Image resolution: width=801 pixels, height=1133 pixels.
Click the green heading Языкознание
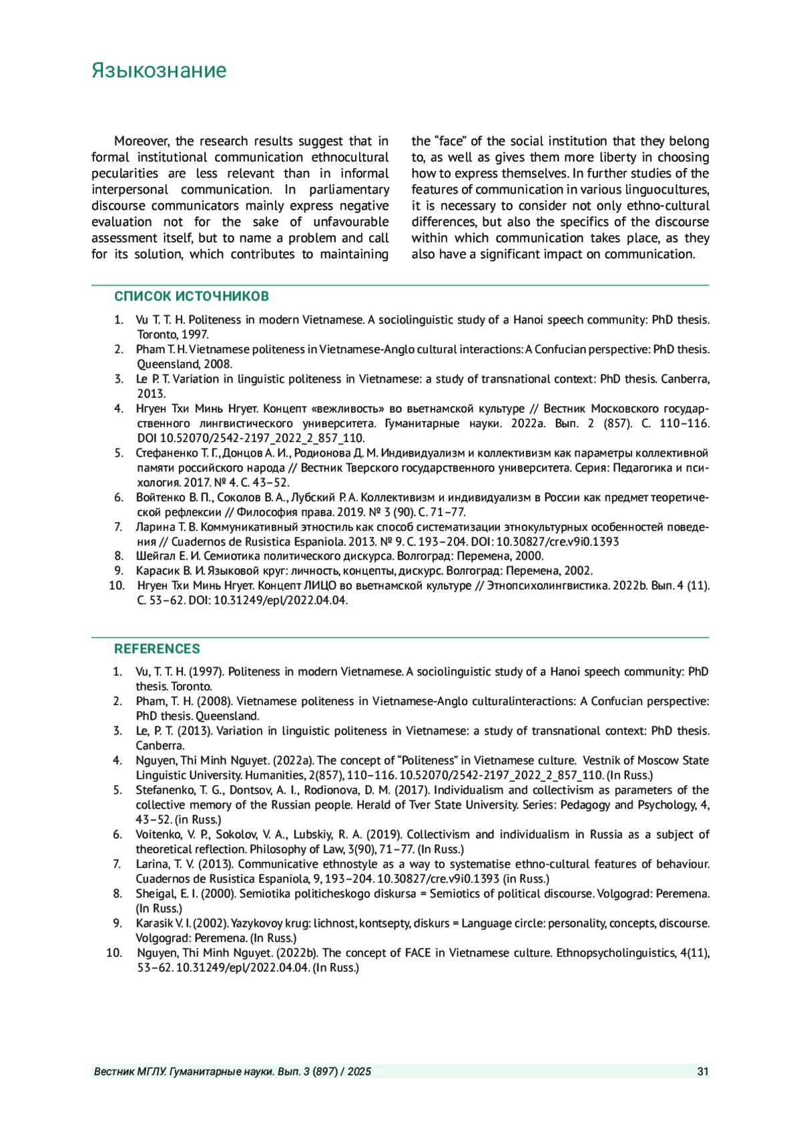click(159, 71)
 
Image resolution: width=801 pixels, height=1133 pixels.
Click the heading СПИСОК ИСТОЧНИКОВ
click(192, 296)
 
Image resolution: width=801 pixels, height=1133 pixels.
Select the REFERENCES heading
click(157, 649)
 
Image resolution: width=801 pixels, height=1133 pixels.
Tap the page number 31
click(702, 1072)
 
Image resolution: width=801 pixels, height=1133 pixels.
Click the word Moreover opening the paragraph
click(142, 142)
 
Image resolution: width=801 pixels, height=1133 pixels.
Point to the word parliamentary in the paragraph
click(349, 190)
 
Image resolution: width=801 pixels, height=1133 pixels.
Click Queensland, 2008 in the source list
click(185, 364)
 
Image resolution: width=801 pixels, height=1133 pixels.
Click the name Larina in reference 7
click(152, 865)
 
